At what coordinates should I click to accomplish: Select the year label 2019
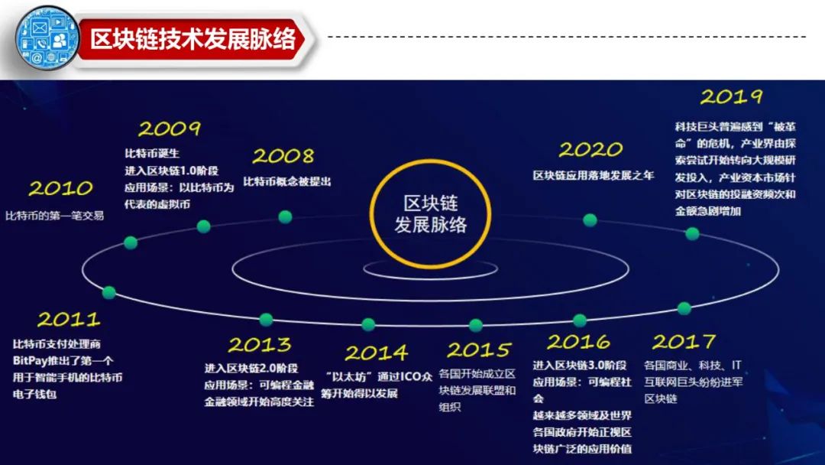pyautogui.click(x=731, y=97)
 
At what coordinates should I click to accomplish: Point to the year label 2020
pyautogui.click(x=590, y=149)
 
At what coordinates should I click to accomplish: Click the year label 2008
pyautogui.click(x=283, y=157)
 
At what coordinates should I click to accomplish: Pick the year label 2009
pyautogui.click(x=169, y=128)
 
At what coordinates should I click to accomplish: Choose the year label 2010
pyautogui.click(x=60, y=189)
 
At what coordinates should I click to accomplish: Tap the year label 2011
pyautogui.click(x=68, y=319)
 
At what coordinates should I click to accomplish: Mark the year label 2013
pyautogui.click(x=260, y=344)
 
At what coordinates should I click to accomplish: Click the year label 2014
pyautogui.click(x=376, y=353)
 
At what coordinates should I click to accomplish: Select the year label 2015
pyautogui.click(x=478, y=350)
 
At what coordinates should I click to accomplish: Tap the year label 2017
pyautogui.click(x=684, y=340)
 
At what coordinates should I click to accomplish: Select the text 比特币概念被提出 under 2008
pyautogui.click(x=287, y=182)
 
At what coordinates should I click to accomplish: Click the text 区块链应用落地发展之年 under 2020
pyautogui.click(x=594, y=175)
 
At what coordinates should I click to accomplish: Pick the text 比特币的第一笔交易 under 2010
pyautogui.click(x=54, y=216)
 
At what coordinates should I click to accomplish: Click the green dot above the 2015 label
pyautogui.click(x=476, y=325)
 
